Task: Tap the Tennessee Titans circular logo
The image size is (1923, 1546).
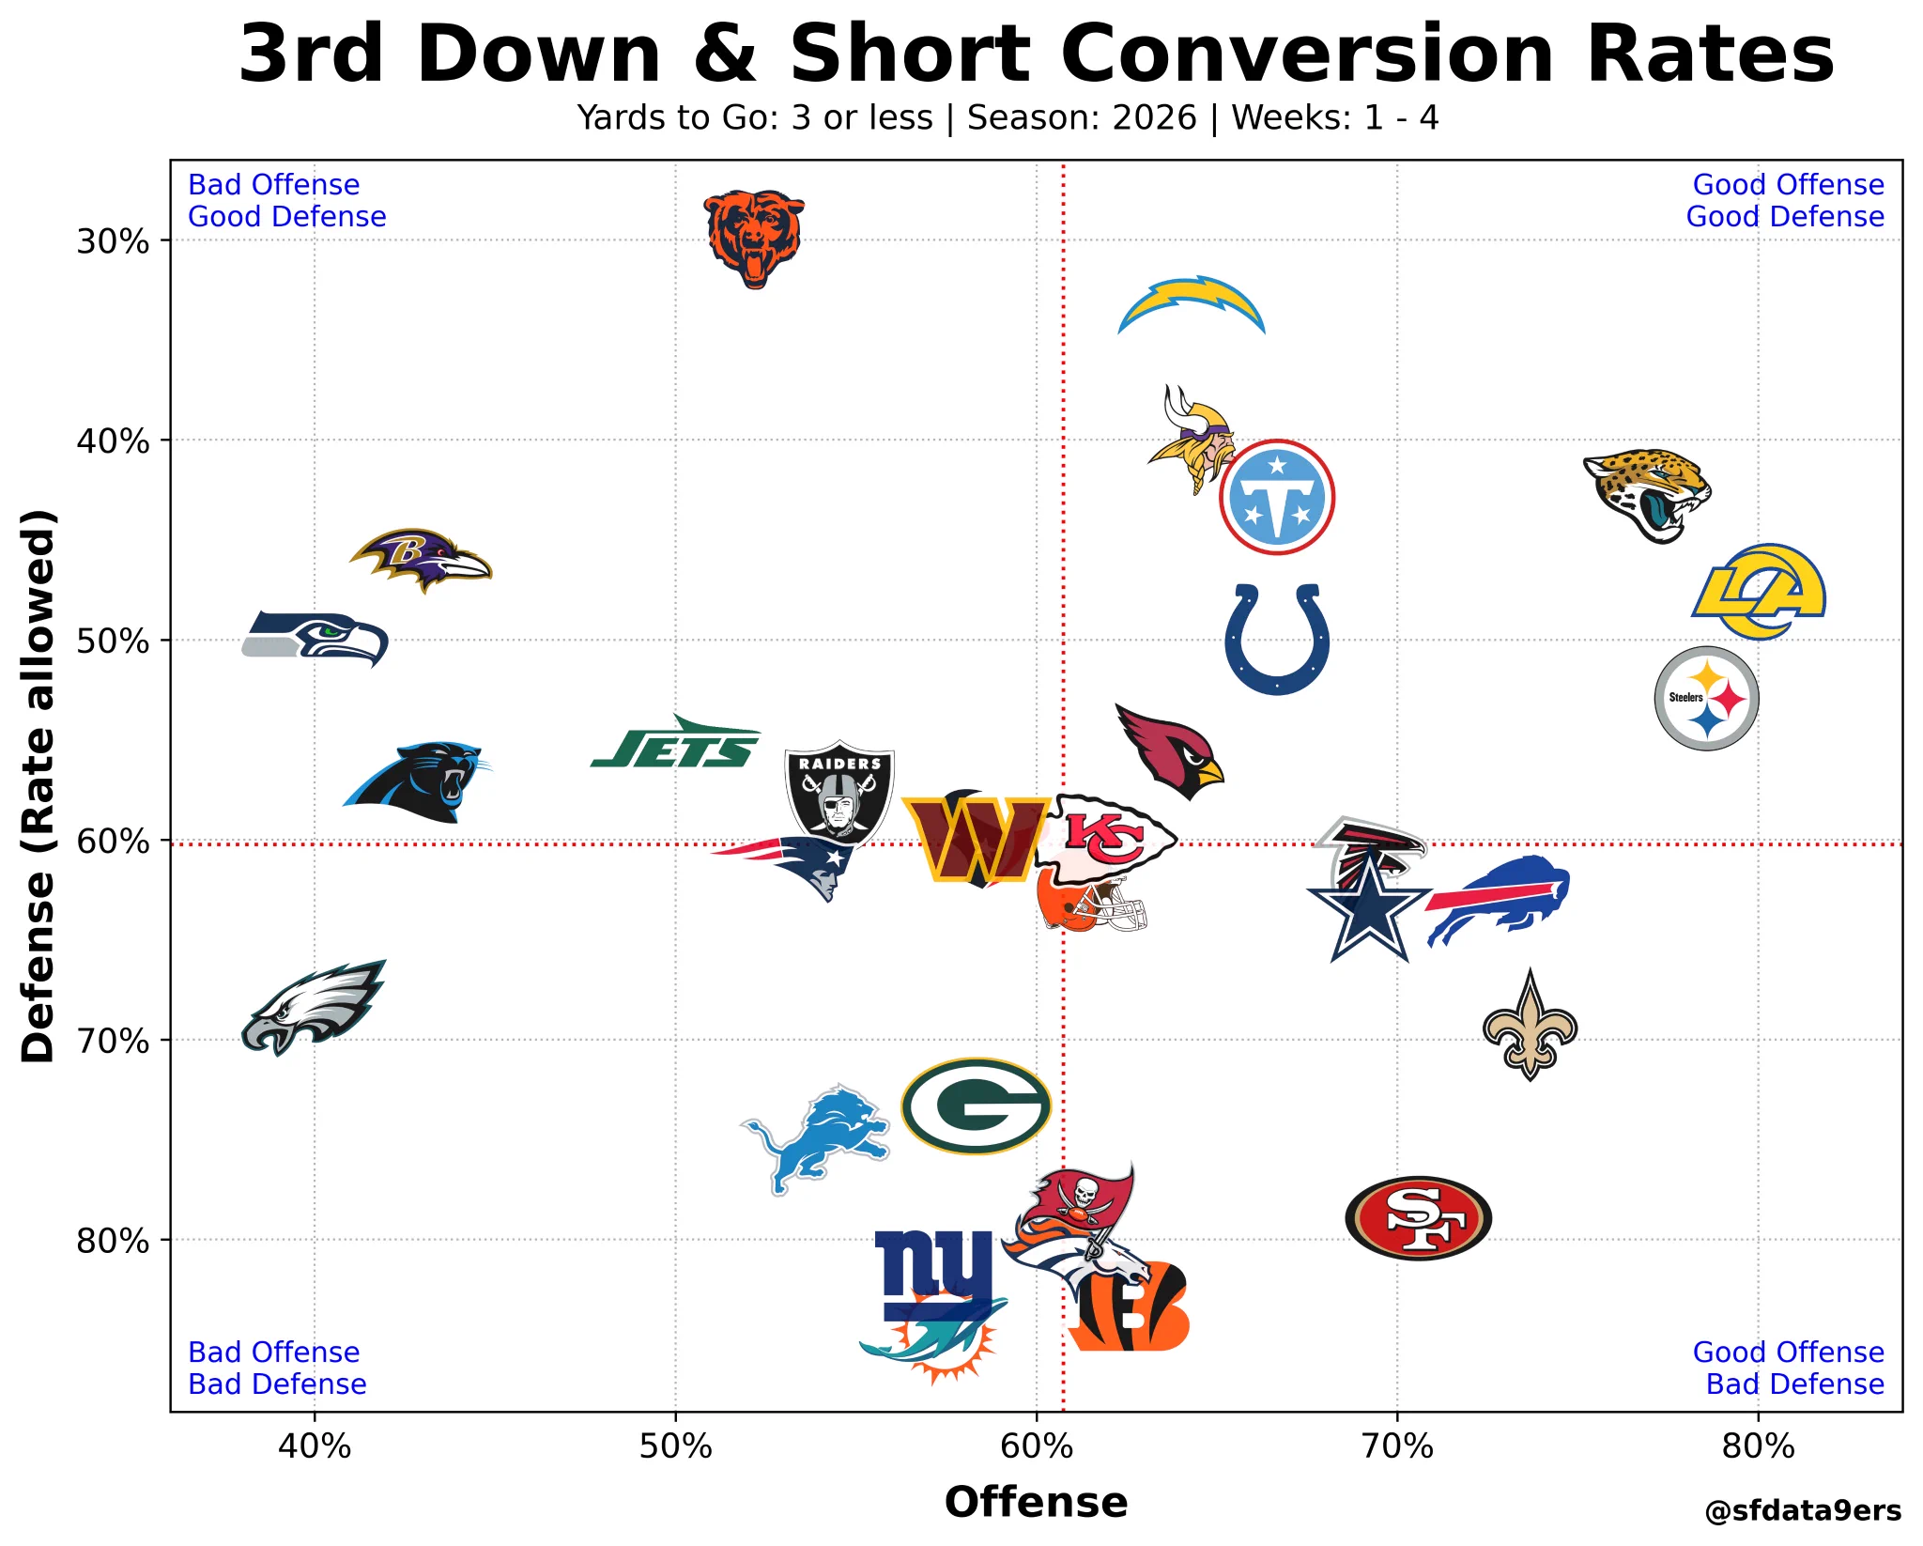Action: tap(1277, 497)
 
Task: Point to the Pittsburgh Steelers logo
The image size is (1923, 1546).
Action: tap(1706, 698)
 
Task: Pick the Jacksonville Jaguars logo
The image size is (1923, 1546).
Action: tap(1647, 495)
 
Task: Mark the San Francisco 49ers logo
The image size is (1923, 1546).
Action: tap(1418, 1217)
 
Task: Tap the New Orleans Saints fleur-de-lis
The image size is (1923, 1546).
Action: tap(1531, 1025)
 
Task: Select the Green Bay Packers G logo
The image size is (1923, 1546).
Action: tap(976, 1106)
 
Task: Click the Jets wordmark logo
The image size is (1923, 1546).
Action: tap(675, 742)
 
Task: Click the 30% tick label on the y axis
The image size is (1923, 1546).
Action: tap(113, 241)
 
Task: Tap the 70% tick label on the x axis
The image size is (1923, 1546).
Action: tap(1397, 1446)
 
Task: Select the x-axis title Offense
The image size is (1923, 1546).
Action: tap(1037, 1502)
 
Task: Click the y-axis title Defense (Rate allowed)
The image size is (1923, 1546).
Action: tap(38, 786)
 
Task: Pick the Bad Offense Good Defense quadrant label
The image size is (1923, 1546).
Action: tap(287, 201)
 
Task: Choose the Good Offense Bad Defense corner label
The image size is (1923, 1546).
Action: tap(1788, 1368)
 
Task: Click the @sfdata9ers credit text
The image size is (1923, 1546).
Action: tap(1803, 1510)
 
